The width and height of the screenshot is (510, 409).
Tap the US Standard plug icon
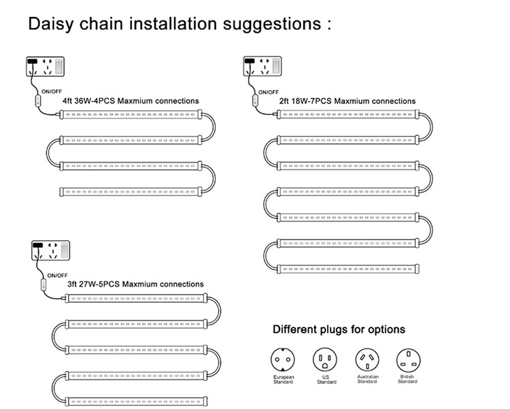324,360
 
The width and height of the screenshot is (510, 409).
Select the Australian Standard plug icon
367,360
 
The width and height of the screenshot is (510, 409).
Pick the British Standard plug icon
408,360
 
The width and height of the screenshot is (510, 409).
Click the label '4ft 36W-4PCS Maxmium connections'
131,101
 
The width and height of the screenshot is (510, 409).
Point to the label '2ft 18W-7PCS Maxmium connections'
347,101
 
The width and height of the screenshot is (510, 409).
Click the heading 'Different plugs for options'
339,329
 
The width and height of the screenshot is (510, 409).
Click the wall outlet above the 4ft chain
45,68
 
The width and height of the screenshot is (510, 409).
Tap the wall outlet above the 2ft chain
262,68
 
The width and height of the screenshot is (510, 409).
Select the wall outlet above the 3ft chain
49,251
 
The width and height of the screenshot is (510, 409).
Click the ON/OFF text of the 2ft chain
268,92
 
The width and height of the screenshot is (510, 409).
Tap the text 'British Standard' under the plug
408,380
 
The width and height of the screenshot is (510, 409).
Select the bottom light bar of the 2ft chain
347,269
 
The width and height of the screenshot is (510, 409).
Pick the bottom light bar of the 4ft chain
131,191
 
